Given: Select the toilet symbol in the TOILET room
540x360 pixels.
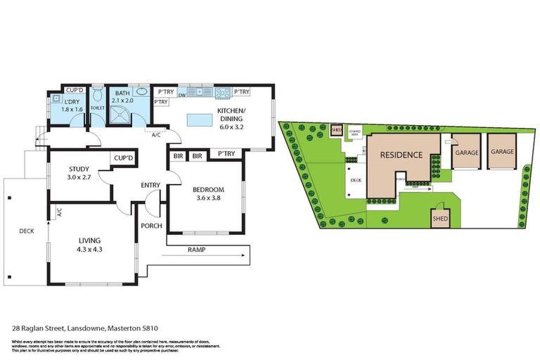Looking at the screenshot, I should (x=96, y=96).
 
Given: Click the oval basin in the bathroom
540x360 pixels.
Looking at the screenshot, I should (x=141, y=91).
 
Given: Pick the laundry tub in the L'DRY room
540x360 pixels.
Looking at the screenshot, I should (x=56, y=99).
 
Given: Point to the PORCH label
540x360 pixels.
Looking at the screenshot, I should (x=151, y=226).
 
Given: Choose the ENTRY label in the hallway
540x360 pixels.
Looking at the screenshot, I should (x=150, y=186).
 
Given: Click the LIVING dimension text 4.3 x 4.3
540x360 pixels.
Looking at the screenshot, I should (x=91, y=248).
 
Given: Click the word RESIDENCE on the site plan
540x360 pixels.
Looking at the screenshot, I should (x=401, y=155).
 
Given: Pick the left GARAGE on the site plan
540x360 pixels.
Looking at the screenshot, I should (x=466, y=153).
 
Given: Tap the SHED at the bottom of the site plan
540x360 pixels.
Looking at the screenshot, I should (x=439, y=217).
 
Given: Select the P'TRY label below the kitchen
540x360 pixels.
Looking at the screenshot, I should (x=226, y=153).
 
